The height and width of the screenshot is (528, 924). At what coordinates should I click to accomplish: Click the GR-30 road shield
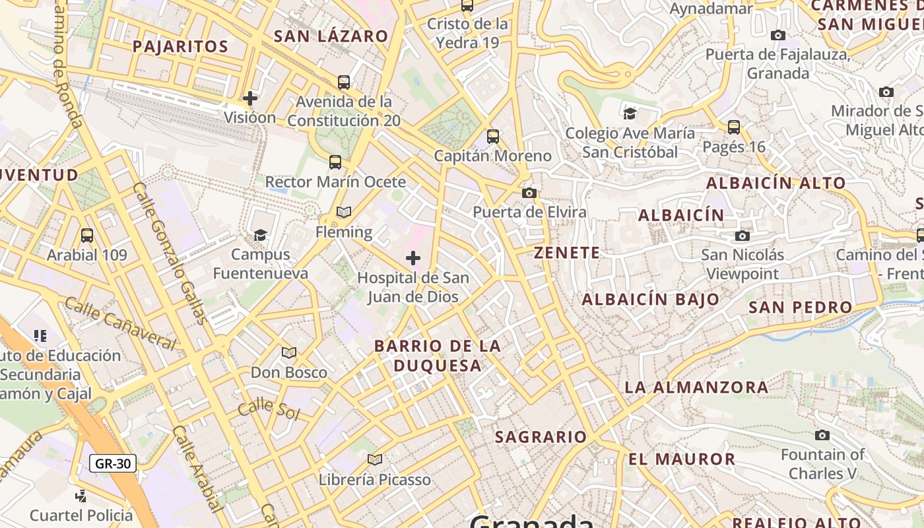click(113, 463)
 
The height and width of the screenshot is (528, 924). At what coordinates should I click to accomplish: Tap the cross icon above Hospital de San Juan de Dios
click(413, 257)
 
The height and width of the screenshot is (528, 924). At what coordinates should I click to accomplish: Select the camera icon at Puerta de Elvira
click(529, 193)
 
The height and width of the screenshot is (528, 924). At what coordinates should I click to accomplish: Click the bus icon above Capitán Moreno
click(493, 137)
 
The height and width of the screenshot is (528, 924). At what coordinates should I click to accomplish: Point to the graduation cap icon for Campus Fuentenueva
click(260, 235)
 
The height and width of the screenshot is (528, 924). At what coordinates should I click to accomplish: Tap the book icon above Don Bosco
click(289, 352)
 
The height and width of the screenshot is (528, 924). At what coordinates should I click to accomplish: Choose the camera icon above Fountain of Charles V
click(822, 435)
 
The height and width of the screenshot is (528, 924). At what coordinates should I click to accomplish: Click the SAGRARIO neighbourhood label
click(541, 437)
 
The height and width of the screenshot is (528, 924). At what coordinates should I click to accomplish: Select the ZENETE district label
click(567, 253)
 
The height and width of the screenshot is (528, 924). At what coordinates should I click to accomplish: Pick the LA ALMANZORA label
click(696, 387)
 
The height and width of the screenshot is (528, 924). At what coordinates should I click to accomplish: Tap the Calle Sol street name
click(269, 409)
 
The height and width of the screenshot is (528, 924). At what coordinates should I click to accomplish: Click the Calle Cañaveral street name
click(120, 323)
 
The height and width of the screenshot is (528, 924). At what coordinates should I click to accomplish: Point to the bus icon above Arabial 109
click(86, 236)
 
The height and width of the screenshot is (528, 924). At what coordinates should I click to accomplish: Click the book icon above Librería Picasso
click(375, 459)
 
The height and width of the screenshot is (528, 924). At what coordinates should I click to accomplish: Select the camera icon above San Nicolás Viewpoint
click(742, 236)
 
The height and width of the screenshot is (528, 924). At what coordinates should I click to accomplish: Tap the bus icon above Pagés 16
click(734, 127)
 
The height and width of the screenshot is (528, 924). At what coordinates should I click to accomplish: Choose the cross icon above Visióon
click(250, 98)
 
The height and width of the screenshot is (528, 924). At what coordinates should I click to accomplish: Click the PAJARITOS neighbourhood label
click(180, 47)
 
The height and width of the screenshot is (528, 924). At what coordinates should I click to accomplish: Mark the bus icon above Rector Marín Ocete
click(335, 162)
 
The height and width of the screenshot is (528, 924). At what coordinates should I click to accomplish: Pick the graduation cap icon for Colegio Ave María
click(630, 114)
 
